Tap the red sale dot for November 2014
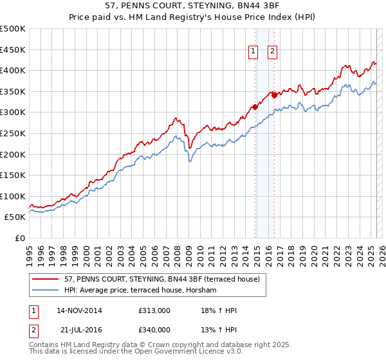[x=255, y=107]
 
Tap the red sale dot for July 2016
[x=275, y=95]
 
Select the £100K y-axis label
[x=13, y=196]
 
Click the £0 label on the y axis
[x=20, y=238]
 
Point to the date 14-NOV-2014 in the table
[x=79, y=310]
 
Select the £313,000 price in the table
[x=154, y=310]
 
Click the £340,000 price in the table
[x=154, y=330]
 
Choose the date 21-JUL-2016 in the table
[x=78, y=330]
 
